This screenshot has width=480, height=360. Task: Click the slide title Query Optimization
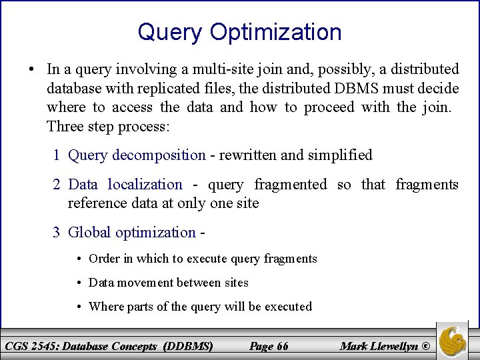click(239, 31)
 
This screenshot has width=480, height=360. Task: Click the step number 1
click(58, 155)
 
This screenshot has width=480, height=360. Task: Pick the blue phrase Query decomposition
click(137, 155)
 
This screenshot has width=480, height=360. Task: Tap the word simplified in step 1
click(339, 155)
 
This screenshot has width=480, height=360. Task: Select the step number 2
click(58, 185)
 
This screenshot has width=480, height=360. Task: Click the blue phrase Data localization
click(125, 185)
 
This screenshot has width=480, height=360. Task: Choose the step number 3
click(58, 233)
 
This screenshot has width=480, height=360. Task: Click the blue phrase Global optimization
click(132, 233)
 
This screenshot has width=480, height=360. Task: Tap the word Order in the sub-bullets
click(103, 259)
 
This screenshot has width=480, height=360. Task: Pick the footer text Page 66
click(268, 346)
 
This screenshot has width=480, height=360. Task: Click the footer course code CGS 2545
click(34, 346)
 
